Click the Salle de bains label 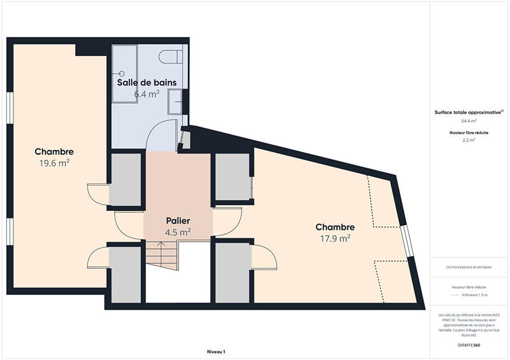coord(147,83)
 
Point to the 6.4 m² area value coord(147,94)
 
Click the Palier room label coord(178,221)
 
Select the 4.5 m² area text coord(178,233)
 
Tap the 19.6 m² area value coord(54,163)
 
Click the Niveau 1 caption coord(216,351)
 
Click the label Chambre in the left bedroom coord(54,152)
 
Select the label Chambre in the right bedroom coord(335,227)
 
